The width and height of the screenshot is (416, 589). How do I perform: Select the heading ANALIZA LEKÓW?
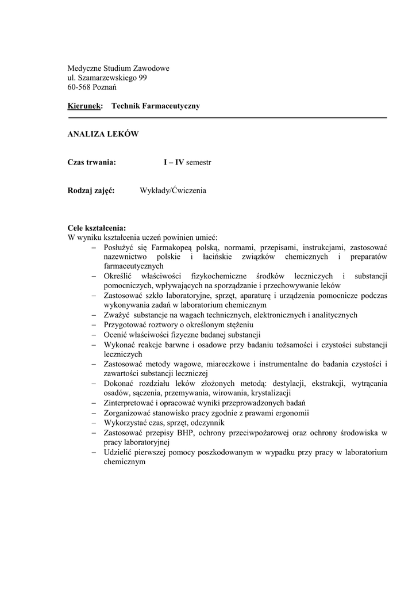tap(103, 134)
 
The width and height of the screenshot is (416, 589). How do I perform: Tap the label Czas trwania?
tap(92, 163)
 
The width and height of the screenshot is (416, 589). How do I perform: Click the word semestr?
tap(199, 163)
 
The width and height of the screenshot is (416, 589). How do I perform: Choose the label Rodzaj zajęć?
tap(91, 190)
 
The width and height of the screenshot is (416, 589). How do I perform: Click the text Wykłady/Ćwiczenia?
tap(173, 190)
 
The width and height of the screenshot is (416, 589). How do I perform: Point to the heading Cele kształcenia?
tap(97, 228)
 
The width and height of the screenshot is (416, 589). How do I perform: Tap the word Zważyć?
tap(117, 315)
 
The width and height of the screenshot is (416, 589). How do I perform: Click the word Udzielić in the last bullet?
tap(118, 452)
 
